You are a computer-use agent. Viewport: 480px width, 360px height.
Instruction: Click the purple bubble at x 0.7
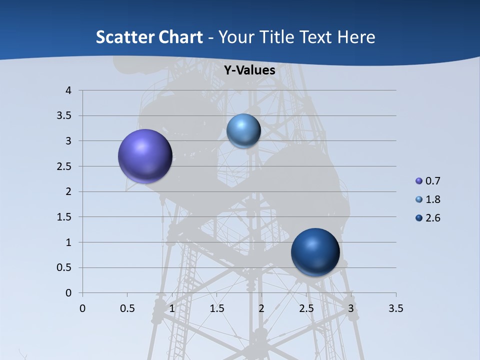point(145,156)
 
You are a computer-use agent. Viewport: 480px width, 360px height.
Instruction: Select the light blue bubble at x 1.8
point(243,130)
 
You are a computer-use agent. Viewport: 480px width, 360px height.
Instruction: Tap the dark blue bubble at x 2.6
point(315,252)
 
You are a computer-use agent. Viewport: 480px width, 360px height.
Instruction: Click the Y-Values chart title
point(249,70)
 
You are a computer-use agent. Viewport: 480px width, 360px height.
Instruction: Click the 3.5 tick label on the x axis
point(395,308)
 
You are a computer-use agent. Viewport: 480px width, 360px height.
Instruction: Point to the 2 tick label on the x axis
point(261,308)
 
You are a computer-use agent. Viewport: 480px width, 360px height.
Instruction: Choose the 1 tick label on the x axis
point(172,308)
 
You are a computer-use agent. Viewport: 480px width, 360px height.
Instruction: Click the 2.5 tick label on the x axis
point(306,308)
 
